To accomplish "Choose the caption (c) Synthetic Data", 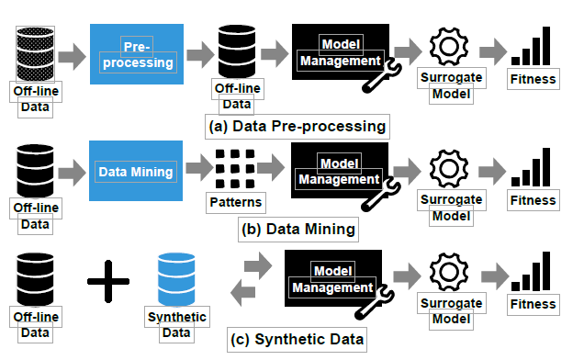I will click(297, 339).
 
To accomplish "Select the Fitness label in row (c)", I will click(533, 303).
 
